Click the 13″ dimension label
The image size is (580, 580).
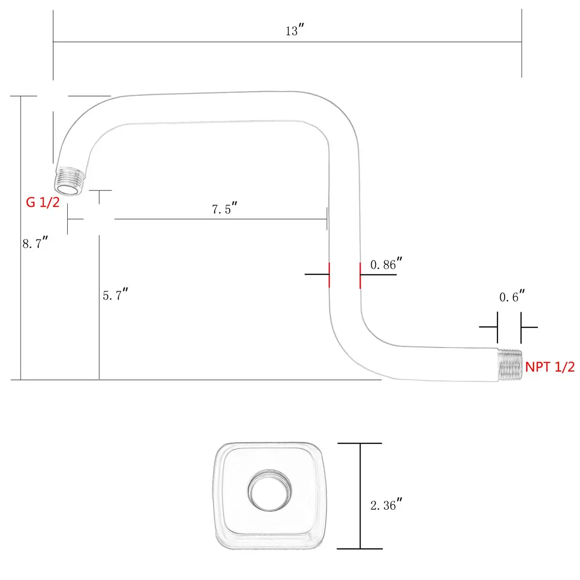point(295,30)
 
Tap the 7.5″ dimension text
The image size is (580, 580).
point(225,208)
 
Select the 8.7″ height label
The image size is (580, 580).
point(35,243)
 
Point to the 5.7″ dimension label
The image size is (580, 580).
point(116,294)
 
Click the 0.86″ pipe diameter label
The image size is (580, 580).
point(386,264)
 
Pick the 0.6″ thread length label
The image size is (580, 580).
point(512,296)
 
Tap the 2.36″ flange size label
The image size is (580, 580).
point(386,505)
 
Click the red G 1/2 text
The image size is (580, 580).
point(43,202)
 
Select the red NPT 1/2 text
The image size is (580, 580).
point(550,367)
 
